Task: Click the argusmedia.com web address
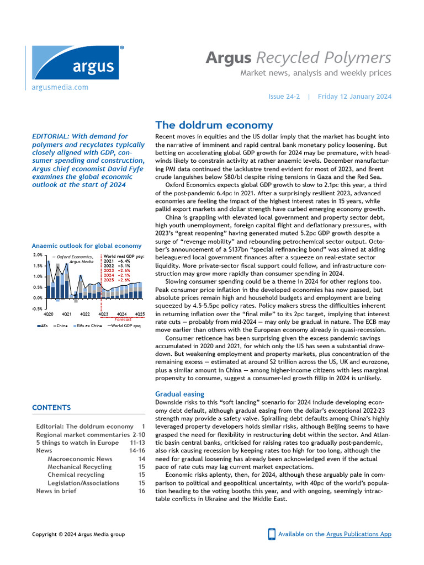click(60, 87)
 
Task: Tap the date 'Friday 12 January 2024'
click(354, 97)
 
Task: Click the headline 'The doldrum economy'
click(214, 125)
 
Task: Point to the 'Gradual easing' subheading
click(179, 394)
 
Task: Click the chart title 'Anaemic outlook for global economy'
click(87, 246)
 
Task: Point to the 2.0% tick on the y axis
click(38, 255)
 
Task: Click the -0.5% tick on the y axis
click(38, 308)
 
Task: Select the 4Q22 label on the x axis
click(85, 314)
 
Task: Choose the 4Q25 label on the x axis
click(140, 314)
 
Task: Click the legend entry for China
click(62, 326)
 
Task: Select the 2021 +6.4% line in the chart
click(116, 261)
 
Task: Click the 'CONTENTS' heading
click(51, 408)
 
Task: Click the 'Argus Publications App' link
click(359, 534)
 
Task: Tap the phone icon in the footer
click(272, 534)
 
